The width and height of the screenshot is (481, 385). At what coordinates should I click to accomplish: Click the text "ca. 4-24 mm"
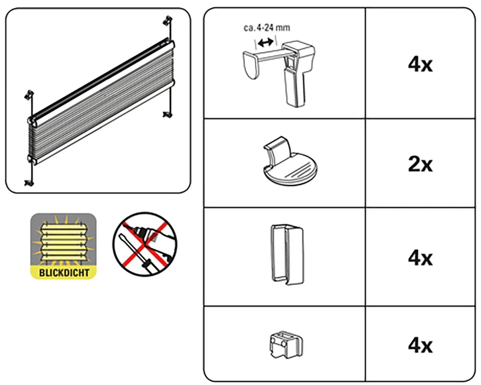tap(267, 28)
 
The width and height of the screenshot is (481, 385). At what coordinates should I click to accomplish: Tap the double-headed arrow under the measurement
tap(266, 42)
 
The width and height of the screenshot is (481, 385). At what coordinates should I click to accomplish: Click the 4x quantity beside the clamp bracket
tap(420, 65)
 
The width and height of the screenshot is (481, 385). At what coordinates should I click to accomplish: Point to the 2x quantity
tap(420, 165)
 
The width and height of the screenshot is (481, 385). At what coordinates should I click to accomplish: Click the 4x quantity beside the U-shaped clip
tap(420, 259)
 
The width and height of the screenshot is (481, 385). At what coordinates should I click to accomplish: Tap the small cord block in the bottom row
tap(286, 345)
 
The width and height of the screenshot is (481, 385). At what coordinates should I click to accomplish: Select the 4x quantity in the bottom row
tap(420, 346)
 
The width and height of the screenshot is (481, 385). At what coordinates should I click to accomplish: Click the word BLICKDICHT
tap(64, 273)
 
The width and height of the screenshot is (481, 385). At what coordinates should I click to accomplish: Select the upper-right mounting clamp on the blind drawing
tap(167, 20)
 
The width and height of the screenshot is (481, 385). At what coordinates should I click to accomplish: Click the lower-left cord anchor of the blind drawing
tap(29, 183)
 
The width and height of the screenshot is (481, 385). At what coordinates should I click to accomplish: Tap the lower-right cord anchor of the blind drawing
tap(168, 115)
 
